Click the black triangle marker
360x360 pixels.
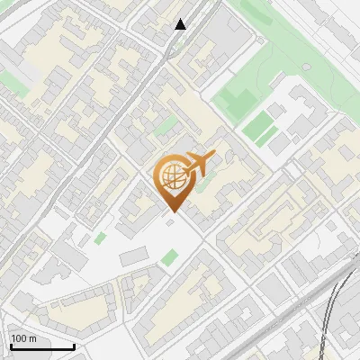(x=181, y=24)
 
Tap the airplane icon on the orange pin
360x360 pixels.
(x=200, y=164)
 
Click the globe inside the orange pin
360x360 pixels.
(x=173, y=178)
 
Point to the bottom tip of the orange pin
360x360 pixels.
(x=174, y=211)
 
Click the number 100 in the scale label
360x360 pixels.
(x=20, y=338)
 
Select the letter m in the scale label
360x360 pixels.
(x=33, y=338)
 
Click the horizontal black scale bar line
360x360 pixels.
(x=42, y=346)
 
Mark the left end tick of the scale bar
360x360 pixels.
(x=11, y=345)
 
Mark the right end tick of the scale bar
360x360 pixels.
(x=74, y=345)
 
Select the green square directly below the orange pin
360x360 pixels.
(x=169, y=258)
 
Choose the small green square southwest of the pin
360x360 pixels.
(x=100, y=238)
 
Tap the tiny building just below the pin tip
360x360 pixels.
(x=170, y=221)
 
